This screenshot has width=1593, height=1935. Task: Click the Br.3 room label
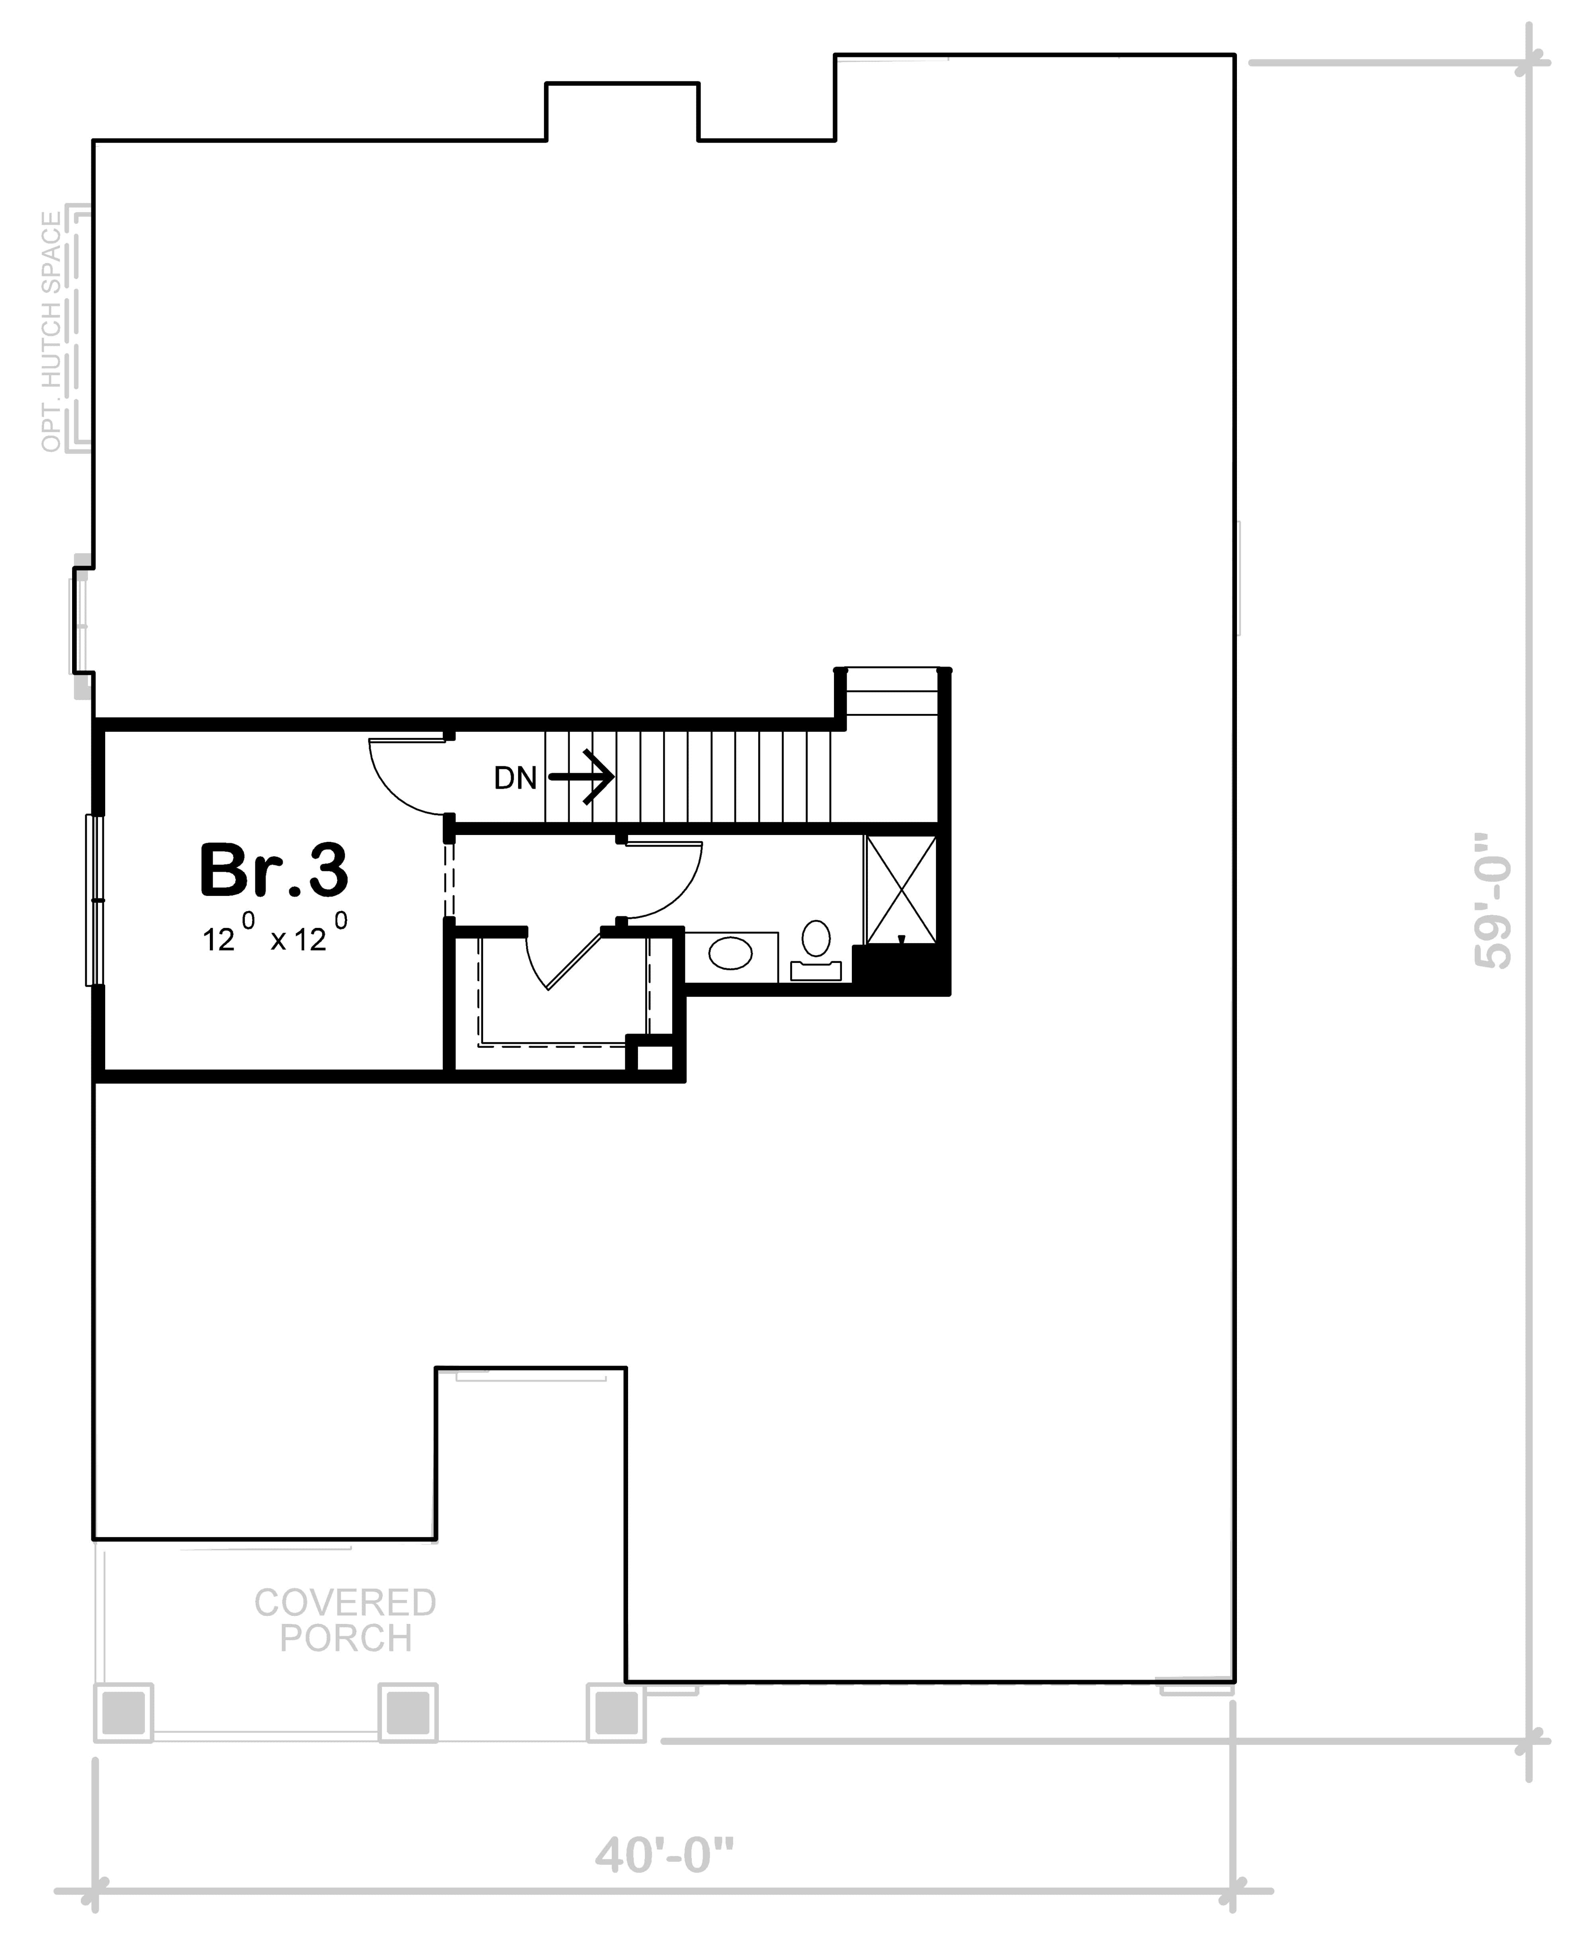[x=274, y=870]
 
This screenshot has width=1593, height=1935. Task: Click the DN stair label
[x=515, y=778]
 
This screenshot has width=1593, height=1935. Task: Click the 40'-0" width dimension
[x=664, y=1854]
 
